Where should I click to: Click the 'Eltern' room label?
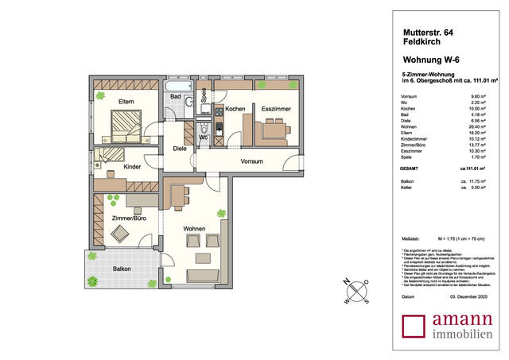[x=126, y=102]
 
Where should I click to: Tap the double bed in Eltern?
[x=124, y=125]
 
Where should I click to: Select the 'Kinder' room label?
[x=133, y=167]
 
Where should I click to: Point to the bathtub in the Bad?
[x=177, y=86]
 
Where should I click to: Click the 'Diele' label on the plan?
[x=181, y=149]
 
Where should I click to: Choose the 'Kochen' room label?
[x=235, y=108]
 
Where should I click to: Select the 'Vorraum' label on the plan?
[x=252, y=161]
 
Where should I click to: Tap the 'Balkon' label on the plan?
[x=121, y=269]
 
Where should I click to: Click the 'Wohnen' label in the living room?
[x=195, y=229]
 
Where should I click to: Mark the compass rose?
[x=355, y=291]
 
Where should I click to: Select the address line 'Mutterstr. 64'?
[x=429, y=32]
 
